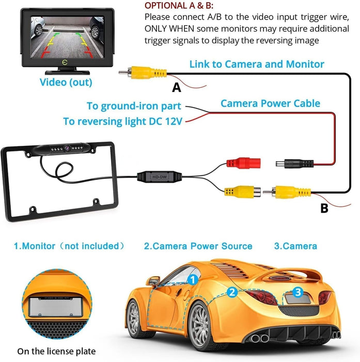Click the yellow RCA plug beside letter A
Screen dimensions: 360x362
point(143,72)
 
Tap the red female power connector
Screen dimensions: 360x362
point(244,163)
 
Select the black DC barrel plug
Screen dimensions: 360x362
point(294,164)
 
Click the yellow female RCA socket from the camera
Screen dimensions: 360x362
point(243,192)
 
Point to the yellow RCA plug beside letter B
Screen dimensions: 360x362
point(287,192)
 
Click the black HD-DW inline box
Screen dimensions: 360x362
point(160,177)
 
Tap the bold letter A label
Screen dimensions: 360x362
point(177,88)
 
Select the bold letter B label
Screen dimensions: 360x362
point(324,208)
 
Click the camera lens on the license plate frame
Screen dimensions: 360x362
point(67,148)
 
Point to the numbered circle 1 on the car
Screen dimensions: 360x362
point(193,280)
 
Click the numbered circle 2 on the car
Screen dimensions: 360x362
point(232,292)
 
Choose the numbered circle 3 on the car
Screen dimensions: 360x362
point(298,292)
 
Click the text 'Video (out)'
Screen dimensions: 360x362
point(66,82)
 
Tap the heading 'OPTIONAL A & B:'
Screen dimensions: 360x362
point(179,6)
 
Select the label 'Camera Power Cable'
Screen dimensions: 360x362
point(270,103)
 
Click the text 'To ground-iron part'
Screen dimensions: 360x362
point(134,106)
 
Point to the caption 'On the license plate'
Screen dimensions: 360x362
point(56,351)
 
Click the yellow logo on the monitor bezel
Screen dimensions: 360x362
point(65,62)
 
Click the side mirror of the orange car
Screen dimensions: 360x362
point(153,281)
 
